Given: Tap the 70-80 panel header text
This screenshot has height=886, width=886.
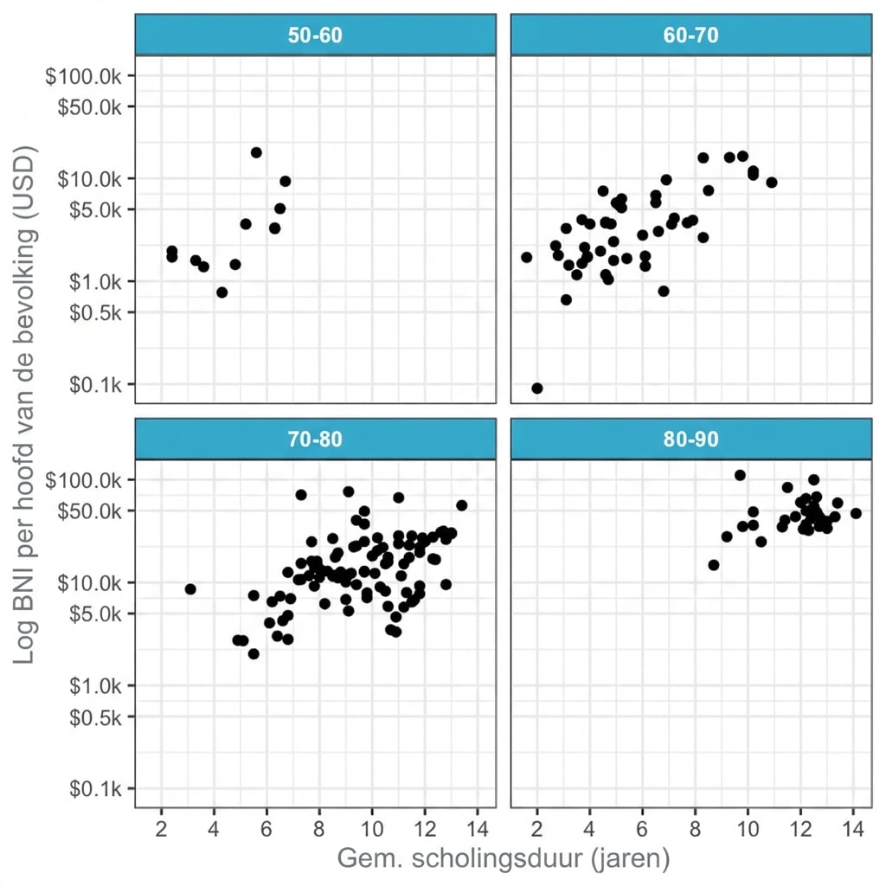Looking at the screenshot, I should (x=315, y=439).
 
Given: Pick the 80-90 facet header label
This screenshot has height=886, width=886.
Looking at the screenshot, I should (x=690, y=439).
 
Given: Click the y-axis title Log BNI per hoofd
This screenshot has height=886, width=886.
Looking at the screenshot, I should (x=26, y=405).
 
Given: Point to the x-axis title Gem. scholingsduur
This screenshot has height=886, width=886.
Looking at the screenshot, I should (x=503, y=859).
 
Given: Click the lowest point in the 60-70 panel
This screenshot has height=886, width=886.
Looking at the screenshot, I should (x=537, y=388).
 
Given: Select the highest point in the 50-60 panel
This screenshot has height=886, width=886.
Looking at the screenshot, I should (x=256, y=152).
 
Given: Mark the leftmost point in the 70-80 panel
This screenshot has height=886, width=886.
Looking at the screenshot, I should (x=190, y=589).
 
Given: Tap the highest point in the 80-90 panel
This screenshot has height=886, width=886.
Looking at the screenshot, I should (x=740, y=475).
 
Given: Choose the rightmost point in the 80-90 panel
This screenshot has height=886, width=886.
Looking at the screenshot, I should (x=856, y=513).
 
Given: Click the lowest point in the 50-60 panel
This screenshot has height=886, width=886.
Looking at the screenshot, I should (x=221, y=292).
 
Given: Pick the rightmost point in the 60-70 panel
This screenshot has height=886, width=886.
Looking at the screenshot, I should (x=772, y=183).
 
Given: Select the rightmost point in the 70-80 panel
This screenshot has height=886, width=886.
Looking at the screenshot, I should (x=461, y=505).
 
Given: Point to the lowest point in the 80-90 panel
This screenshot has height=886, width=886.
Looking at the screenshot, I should (x=714, y=565).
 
